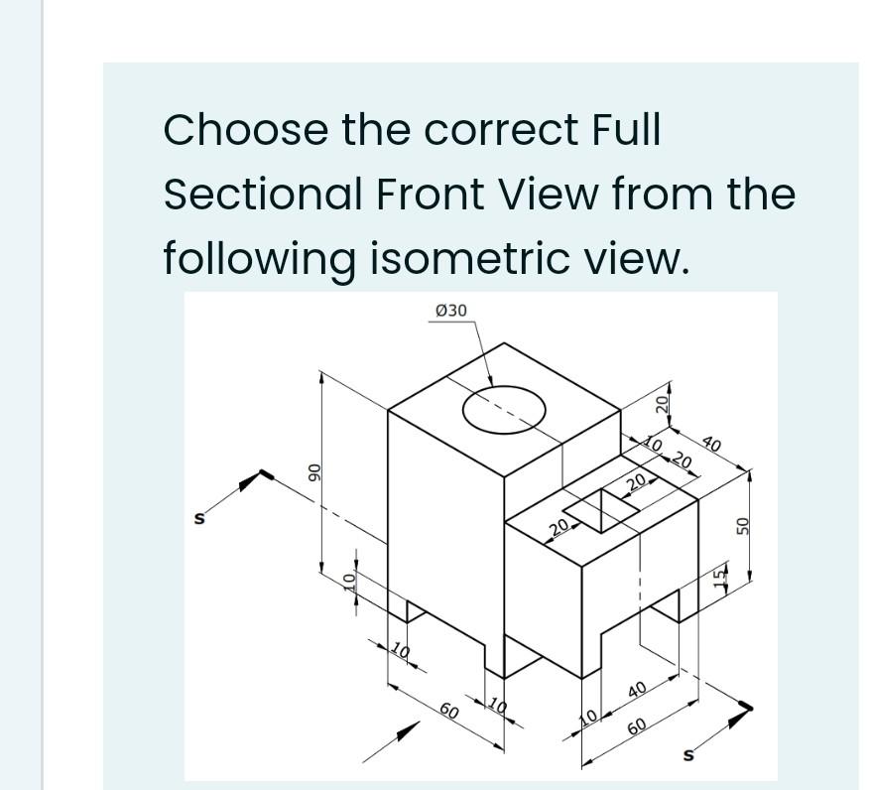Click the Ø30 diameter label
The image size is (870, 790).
coord(450,311)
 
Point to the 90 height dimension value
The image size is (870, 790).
coord(312,469)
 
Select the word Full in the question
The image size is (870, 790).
coord(625,130)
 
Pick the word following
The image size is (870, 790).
coord(260,258)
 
